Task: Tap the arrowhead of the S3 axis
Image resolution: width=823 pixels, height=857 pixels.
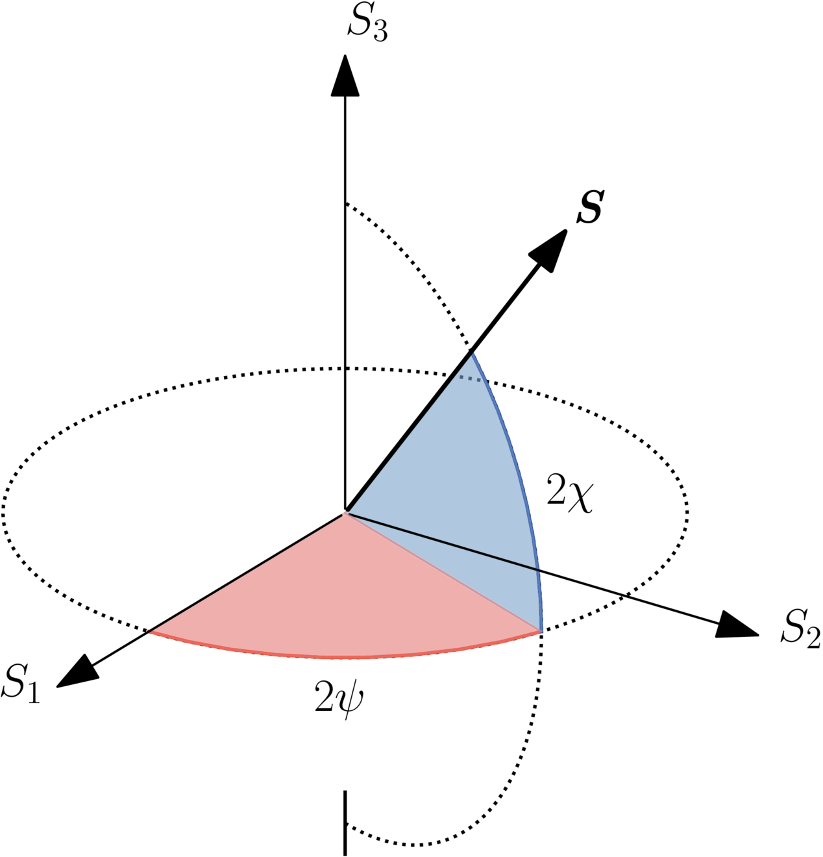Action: tap(345, 76)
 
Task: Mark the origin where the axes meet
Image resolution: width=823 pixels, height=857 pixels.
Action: tap(345, 512)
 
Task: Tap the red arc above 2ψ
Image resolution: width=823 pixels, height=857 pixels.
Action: tap(344, 656)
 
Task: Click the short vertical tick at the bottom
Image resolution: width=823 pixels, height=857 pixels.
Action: tap(345, 822)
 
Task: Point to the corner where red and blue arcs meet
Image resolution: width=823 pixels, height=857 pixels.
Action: tap(540, 630)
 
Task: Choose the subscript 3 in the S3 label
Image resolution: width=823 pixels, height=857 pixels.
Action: tap(380, 32)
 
